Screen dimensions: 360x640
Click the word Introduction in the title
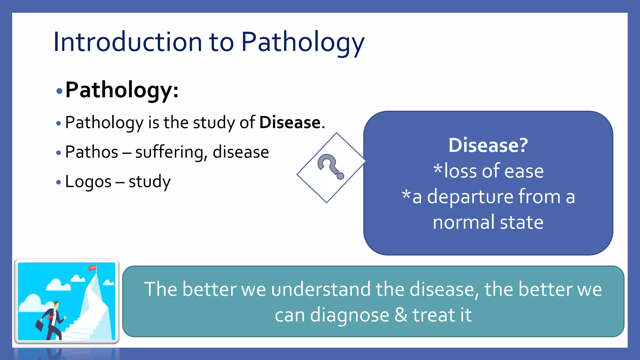pyautogui.click(x=128, y=42)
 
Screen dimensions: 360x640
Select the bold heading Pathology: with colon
pyautogui.click(x=122, y=90)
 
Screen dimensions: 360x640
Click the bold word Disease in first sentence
pyautogui.click(x=290, y=122)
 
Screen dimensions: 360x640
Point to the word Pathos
pyautogui.click(x=92, y=152)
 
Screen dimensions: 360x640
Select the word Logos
pyautogui.click(x=88, y=182)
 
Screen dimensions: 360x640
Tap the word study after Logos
pyautogui.click(x=149, y=182)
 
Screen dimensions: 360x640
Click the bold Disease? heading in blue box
pyautogui.click(x=488, y=145)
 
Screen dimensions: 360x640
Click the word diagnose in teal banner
pyautogui.click(x=349, y=315)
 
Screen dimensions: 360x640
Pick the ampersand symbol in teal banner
pyautogui.click(x=401, y=315)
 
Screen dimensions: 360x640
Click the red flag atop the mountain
pyautogui.click(x=93, y=268)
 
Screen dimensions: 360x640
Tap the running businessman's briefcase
pyautogui.click(x=40, y=326)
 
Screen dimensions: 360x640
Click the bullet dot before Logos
pyautogui.click(x=58, y=182)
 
